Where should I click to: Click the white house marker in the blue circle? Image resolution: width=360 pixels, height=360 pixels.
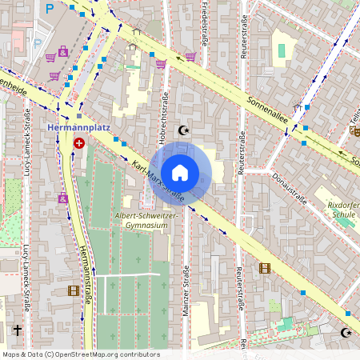pyautogui.click(x=180, y=172)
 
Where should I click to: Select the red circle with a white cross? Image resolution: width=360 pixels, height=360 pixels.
pyautogui.click(x=79, y=143)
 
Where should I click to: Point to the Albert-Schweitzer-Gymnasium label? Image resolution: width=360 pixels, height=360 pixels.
pyautogui.click(x=142, y=221)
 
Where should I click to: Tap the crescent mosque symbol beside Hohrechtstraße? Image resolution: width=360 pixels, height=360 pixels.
pyautogui.click(x=185, y=129)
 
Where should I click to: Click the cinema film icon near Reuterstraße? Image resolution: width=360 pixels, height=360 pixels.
pyautogui.click(x=265, y=268)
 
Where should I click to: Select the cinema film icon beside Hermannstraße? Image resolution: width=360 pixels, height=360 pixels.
pyautogui.click(x=74, y=290)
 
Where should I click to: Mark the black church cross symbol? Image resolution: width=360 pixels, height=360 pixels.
pyautogui.click(x=17, y=329)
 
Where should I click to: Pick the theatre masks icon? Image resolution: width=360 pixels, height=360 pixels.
pyautogui.click(x=354, y=130)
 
